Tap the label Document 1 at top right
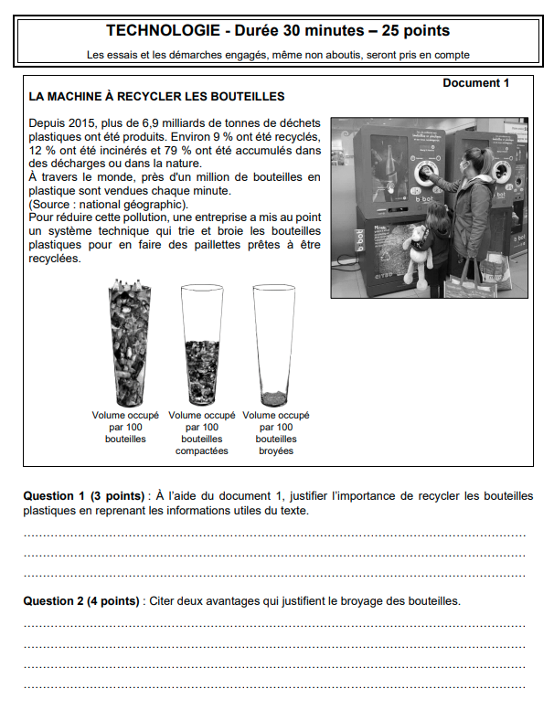(x=475, y=83)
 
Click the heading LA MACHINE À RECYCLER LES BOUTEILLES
(x=157, y=96)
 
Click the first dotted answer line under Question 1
(x=274, y=535)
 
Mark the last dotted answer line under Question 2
(x=274, y=685)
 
